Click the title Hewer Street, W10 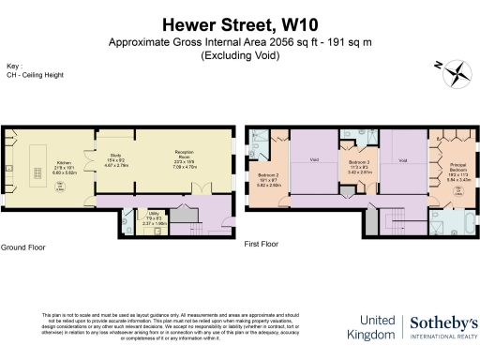pos(239,24)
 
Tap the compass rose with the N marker pos(456,70)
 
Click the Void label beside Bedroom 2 pos(315,159)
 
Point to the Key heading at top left pos(13,67)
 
